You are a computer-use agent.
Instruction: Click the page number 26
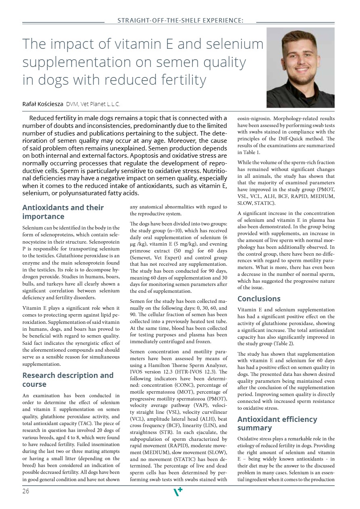25,491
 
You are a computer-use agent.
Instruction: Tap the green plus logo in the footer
178,492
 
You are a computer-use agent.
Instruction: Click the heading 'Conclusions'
259,299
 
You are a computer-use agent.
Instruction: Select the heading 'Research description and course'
68,380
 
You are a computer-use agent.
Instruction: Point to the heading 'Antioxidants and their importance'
63,212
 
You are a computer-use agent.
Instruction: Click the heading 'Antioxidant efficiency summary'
277,423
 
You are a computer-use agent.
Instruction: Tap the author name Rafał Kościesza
43,104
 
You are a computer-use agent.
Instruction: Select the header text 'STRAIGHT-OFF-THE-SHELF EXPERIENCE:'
180,20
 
